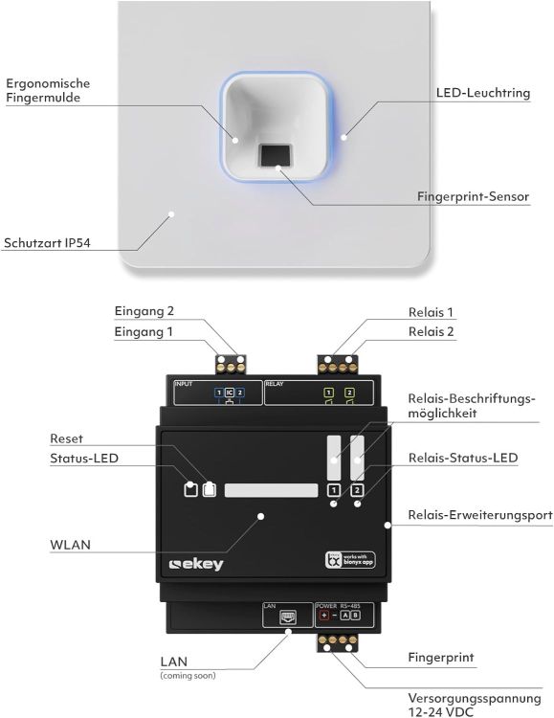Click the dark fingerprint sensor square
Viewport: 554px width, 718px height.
point(277,154)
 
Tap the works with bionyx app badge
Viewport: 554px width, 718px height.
point(346,561)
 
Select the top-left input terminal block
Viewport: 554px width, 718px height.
point(230,364)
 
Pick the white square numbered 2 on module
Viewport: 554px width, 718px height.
point(357,491)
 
